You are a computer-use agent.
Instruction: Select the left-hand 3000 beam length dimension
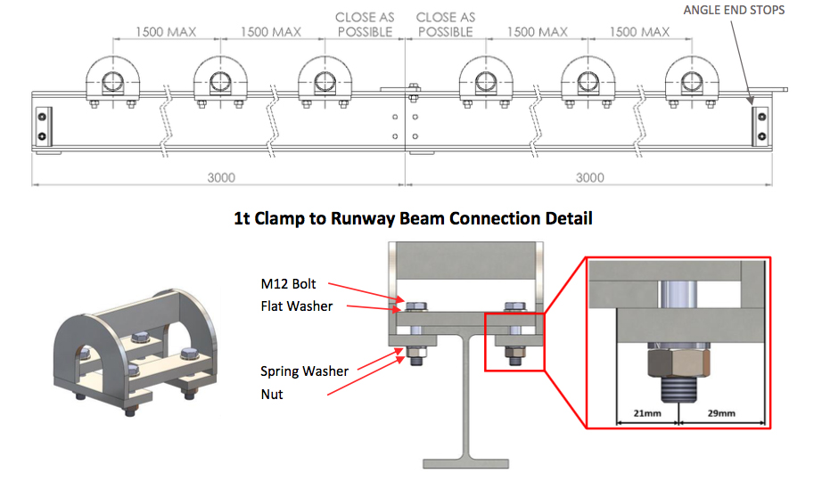(x=220, y=177)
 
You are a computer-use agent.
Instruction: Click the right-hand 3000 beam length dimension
(x=589, y=177)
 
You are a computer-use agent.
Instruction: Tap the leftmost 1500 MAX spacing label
(x=165, y=32)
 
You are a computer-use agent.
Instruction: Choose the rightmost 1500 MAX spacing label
(x=639, y=32)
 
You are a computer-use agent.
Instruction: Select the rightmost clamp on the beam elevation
(x=691, y=81)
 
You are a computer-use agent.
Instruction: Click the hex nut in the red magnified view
(x=678, y=363)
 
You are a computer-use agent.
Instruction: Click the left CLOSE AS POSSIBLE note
(x=364, y=24)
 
